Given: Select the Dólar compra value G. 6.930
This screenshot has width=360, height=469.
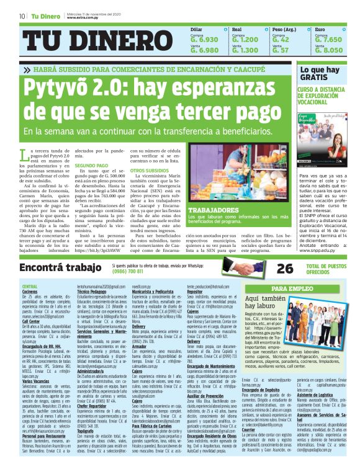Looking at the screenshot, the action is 204,39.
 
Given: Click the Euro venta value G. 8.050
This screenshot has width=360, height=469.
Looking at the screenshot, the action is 328,50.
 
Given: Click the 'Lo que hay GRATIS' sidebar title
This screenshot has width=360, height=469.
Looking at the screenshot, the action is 320,74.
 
